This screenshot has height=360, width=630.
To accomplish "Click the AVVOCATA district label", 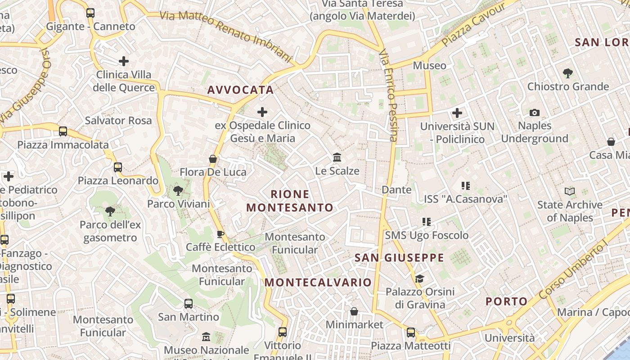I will (241, 90).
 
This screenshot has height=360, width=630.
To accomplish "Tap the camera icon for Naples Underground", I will (535, 112).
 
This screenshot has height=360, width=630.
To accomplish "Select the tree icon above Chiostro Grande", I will (568, 73).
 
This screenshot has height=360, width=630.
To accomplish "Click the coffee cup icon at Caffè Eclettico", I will (220, 234).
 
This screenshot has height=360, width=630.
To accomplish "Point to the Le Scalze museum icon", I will (337, 157).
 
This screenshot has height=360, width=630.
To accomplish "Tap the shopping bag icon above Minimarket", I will (354, 311).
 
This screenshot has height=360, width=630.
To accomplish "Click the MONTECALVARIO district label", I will (318, 283).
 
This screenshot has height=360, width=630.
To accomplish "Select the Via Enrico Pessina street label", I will (389, 96).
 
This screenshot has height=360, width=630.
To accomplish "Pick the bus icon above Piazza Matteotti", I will (411, 333).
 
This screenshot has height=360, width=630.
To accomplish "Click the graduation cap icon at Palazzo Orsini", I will (419, 279).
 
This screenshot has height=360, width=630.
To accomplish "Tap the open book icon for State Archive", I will (570, 192).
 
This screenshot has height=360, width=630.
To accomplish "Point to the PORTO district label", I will (506, 301).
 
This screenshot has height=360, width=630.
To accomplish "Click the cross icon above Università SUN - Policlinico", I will (457, 113).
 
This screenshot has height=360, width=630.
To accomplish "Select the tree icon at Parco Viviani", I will (178, 191).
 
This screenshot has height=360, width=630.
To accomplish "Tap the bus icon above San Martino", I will (189, 304).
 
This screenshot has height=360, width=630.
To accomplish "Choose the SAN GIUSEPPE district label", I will (399, 258).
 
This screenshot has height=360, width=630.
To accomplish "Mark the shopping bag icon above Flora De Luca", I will (213, 159).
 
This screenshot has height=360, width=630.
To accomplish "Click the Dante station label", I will (396, 190).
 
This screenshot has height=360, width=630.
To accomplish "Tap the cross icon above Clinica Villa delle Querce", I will (124, 61).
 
